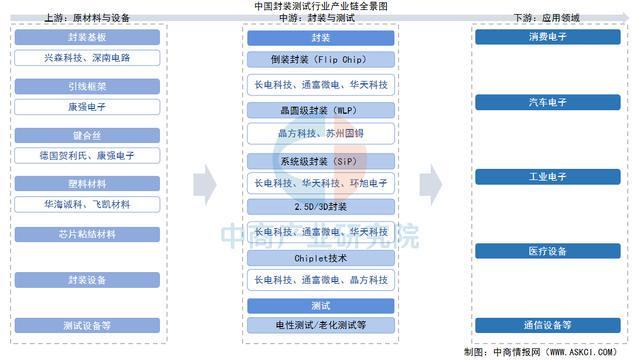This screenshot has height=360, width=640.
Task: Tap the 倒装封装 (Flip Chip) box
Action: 320,58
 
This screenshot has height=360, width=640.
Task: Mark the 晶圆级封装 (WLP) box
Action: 320,109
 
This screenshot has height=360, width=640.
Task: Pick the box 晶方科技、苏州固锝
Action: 320,132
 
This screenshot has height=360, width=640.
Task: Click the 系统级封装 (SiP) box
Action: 320,160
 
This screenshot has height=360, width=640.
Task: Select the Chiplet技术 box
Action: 320,257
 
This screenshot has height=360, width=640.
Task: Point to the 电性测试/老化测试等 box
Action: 320,325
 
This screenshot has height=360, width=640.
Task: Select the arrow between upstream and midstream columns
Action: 204,182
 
